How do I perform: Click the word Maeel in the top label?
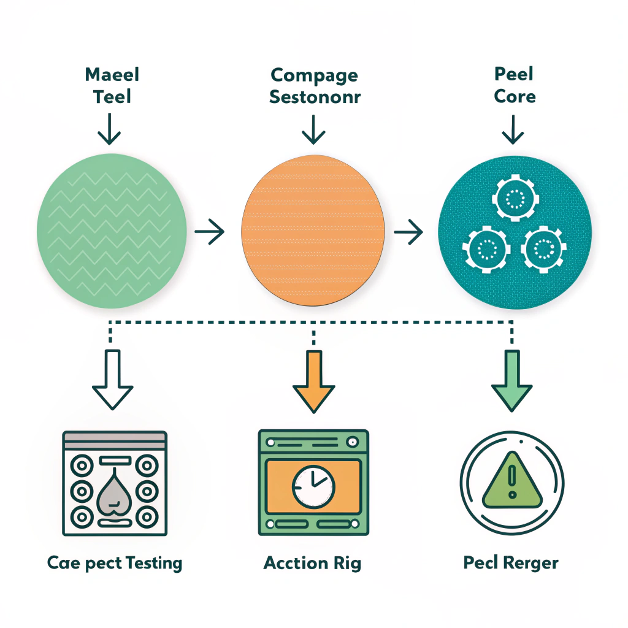point(112,75)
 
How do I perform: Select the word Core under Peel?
point(515,97)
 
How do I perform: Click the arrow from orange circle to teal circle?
point(408,232)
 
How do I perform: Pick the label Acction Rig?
point(312,563)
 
